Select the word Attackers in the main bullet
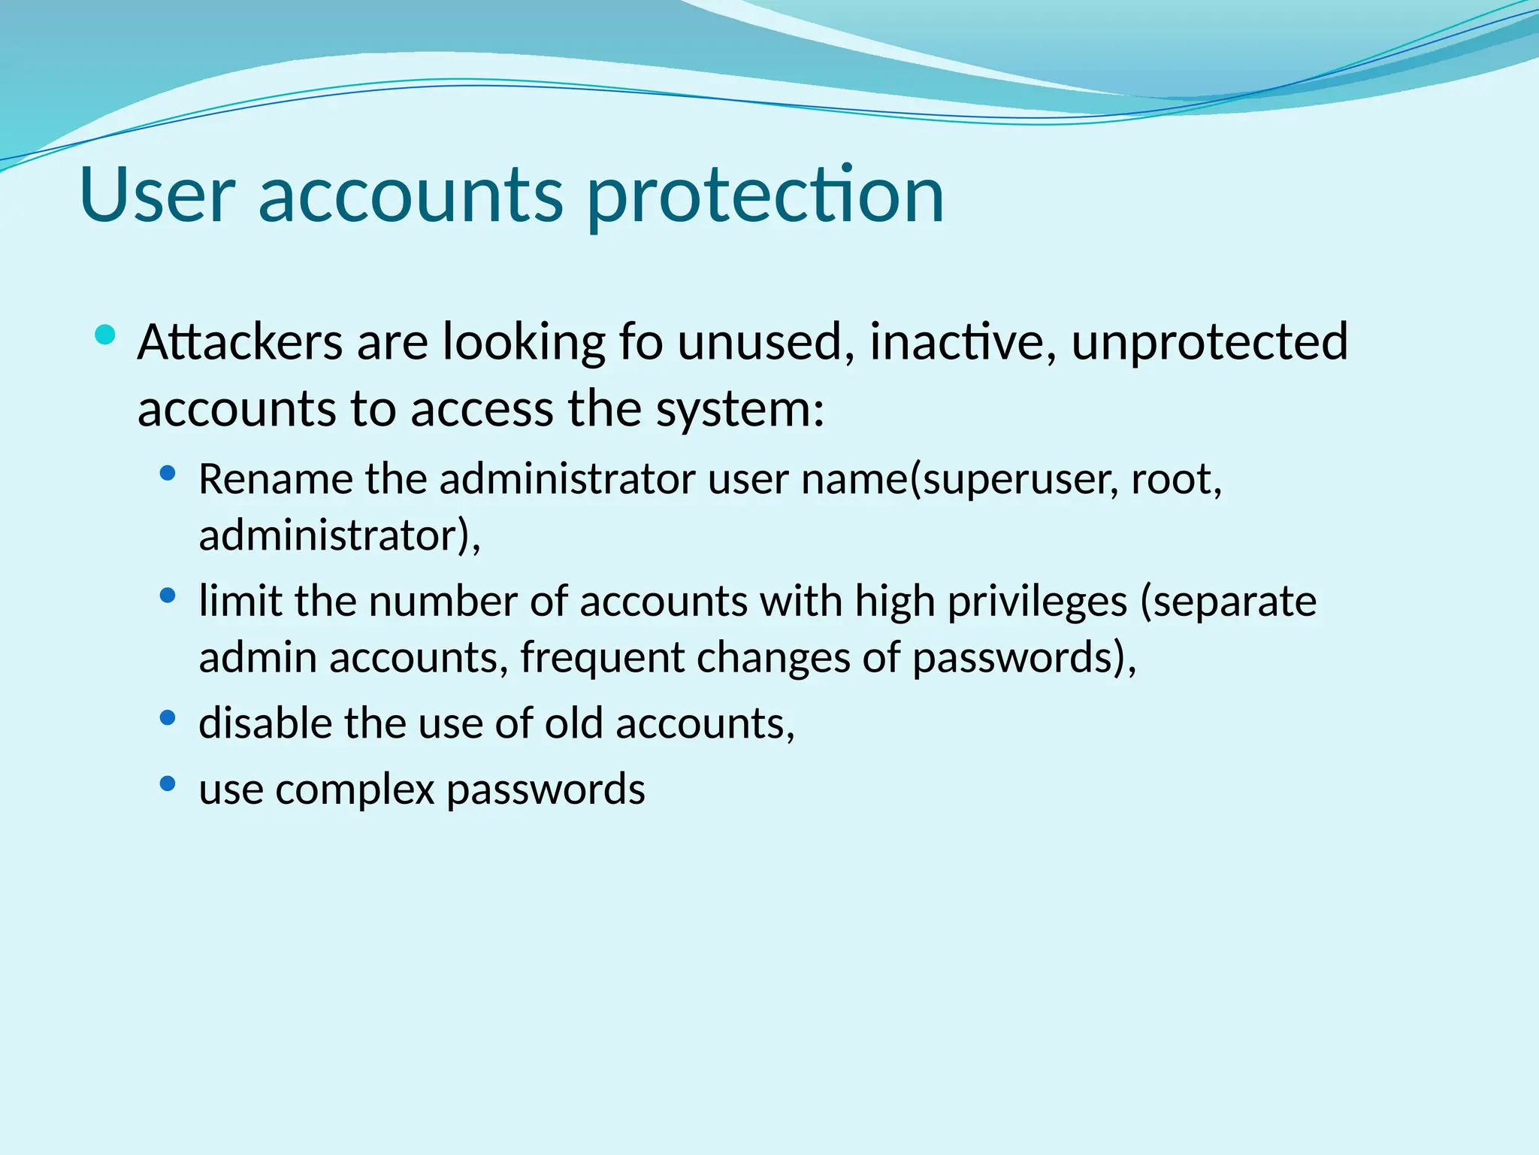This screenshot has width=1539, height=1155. tap(240, 342)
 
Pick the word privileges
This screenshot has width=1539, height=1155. tap(1037, 602)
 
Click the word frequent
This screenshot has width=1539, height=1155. tap(602, 659)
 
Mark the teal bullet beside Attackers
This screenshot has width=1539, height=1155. tap(106, 335)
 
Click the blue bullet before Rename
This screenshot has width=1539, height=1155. tap(168, 474)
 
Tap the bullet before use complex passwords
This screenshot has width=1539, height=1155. tap(168, 784)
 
